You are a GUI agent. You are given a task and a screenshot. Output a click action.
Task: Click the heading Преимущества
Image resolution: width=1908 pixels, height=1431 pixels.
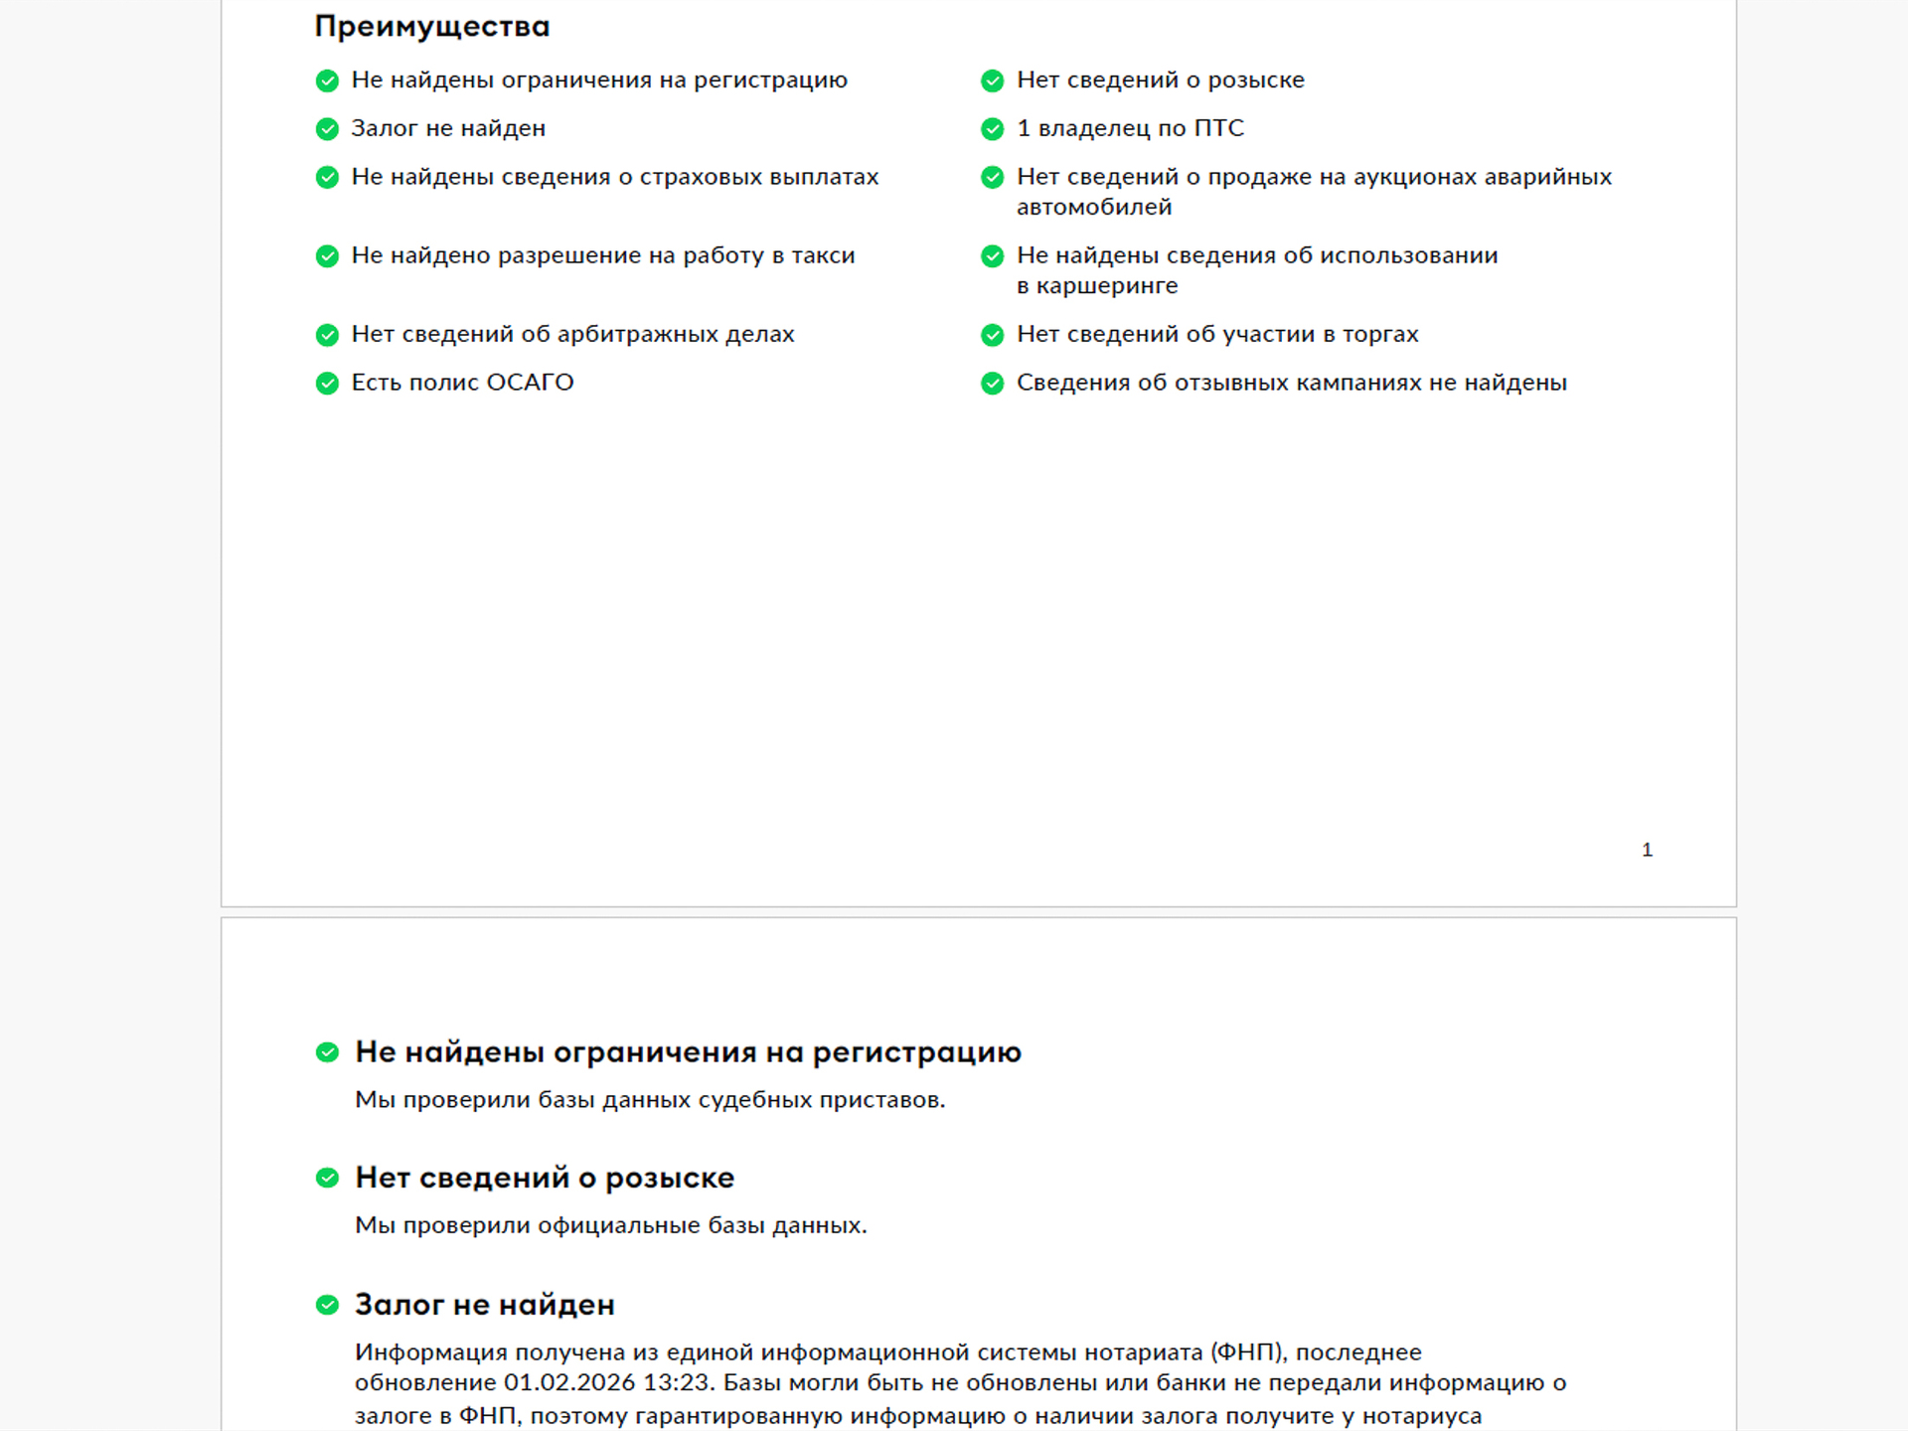pyautogui.click(x=431, y=27)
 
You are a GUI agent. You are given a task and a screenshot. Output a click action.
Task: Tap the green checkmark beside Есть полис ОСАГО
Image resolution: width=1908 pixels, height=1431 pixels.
pyautogui.click(x=327, y=384)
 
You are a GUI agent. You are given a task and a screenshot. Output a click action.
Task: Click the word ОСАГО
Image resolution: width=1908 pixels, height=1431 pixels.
pyautogui.click(x=530, y=383)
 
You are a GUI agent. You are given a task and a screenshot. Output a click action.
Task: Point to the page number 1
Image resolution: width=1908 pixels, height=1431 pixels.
pyautogui.click(x=1647, y=850)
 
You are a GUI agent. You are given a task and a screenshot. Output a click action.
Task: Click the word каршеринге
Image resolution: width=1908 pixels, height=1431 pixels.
pyautogui.click(x=1106, y=286)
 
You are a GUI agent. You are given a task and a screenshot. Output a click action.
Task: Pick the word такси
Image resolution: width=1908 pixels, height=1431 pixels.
pyautogui.click(x=823, y=255)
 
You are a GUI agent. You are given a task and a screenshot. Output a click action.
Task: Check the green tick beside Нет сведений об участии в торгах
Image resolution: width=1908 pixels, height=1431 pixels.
pyautogui.click(x=992, y=335)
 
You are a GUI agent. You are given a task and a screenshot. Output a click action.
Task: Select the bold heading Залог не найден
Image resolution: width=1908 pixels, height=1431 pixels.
pyautogui.click(x=484, y=1304)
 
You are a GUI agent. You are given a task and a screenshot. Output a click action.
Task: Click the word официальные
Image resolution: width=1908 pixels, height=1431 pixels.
pyautogui.click(x=618, y=1225)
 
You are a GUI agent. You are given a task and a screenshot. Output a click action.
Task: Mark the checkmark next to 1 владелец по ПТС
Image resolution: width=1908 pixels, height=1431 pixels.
pyautogui.click(x=992, y=129)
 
